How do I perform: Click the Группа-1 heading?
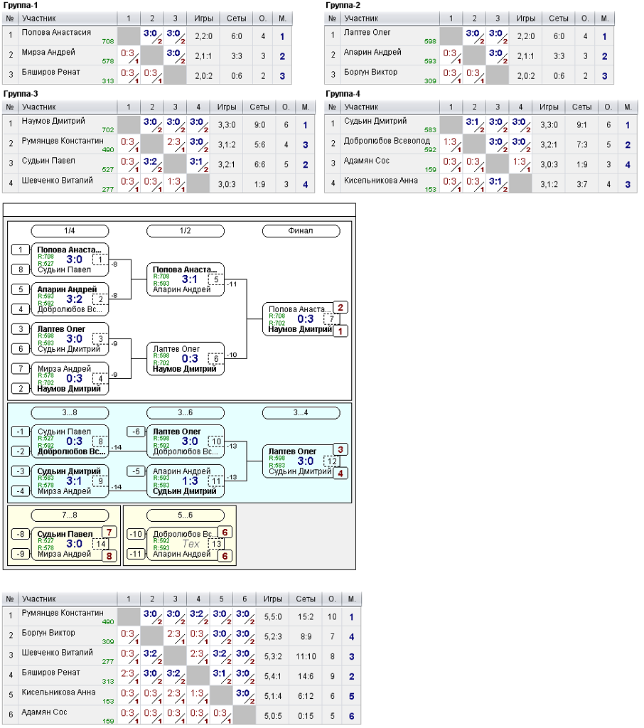[21, 5]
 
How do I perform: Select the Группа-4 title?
[343, 94]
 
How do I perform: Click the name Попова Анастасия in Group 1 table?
[56, 33]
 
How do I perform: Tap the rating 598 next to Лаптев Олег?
[430, 41]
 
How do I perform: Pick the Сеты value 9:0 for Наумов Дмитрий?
[259, 125]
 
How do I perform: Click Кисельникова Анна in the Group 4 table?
[381, 181]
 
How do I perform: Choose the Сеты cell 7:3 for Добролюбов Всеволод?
[581, 145]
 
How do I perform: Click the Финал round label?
[301, 231]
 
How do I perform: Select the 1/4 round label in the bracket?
[70, 231]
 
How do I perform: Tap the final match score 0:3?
[306, 319]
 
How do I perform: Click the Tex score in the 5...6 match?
[190, 544]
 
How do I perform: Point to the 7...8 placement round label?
[70, 515]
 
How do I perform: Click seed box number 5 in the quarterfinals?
[21, 289]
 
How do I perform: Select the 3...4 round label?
[301, 413]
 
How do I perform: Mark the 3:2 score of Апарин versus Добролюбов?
[75, 299]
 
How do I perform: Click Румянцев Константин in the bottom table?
[63, 613]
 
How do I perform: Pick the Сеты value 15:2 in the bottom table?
[306, 617]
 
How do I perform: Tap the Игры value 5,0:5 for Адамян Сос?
[273, 716]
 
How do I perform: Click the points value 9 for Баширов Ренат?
[333, 677]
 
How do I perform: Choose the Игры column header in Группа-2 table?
[525, 18]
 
